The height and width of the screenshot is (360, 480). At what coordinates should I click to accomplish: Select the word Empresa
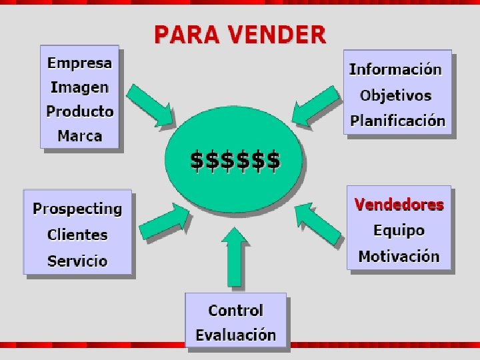(x=80, y=63)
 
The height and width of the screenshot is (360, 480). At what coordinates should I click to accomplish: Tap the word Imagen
(x=79, y=87)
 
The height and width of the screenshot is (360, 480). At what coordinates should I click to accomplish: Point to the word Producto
(x=80, y=111)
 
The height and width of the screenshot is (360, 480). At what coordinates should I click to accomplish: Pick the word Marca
(x=80, y=136)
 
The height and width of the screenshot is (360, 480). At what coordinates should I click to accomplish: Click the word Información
(x=395, y=69)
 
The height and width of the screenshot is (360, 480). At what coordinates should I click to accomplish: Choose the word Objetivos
(x=396, y=95)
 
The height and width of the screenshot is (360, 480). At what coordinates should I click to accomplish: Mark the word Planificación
(x=398, y=121)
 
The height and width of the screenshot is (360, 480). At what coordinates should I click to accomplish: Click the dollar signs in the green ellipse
(x=235, y=161)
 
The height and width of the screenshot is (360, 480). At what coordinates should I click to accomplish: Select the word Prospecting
(x=77, y=209)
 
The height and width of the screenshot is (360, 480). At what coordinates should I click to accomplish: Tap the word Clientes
(x=77, y=235)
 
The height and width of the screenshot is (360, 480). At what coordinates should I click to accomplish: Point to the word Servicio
(x=77, y=261)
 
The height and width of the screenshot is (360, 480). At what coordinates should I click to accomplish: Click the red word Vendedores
(x=399, y=205)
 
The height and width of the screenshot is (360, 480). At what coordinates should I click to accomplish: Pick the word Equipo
(x=399, y=231)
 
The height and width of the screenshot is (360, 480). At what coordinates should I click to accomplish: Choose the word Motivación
(x=399, y=256)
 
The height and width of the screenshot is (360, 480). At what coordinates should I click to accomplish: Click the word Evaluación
(x=236, y=335)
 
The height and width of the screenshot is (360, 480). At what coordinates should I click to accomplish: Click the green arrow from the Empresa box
(x=151, y=105)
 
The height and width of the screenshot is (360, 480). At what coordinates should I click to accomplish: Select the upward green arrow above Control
(x=234, y=257)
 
